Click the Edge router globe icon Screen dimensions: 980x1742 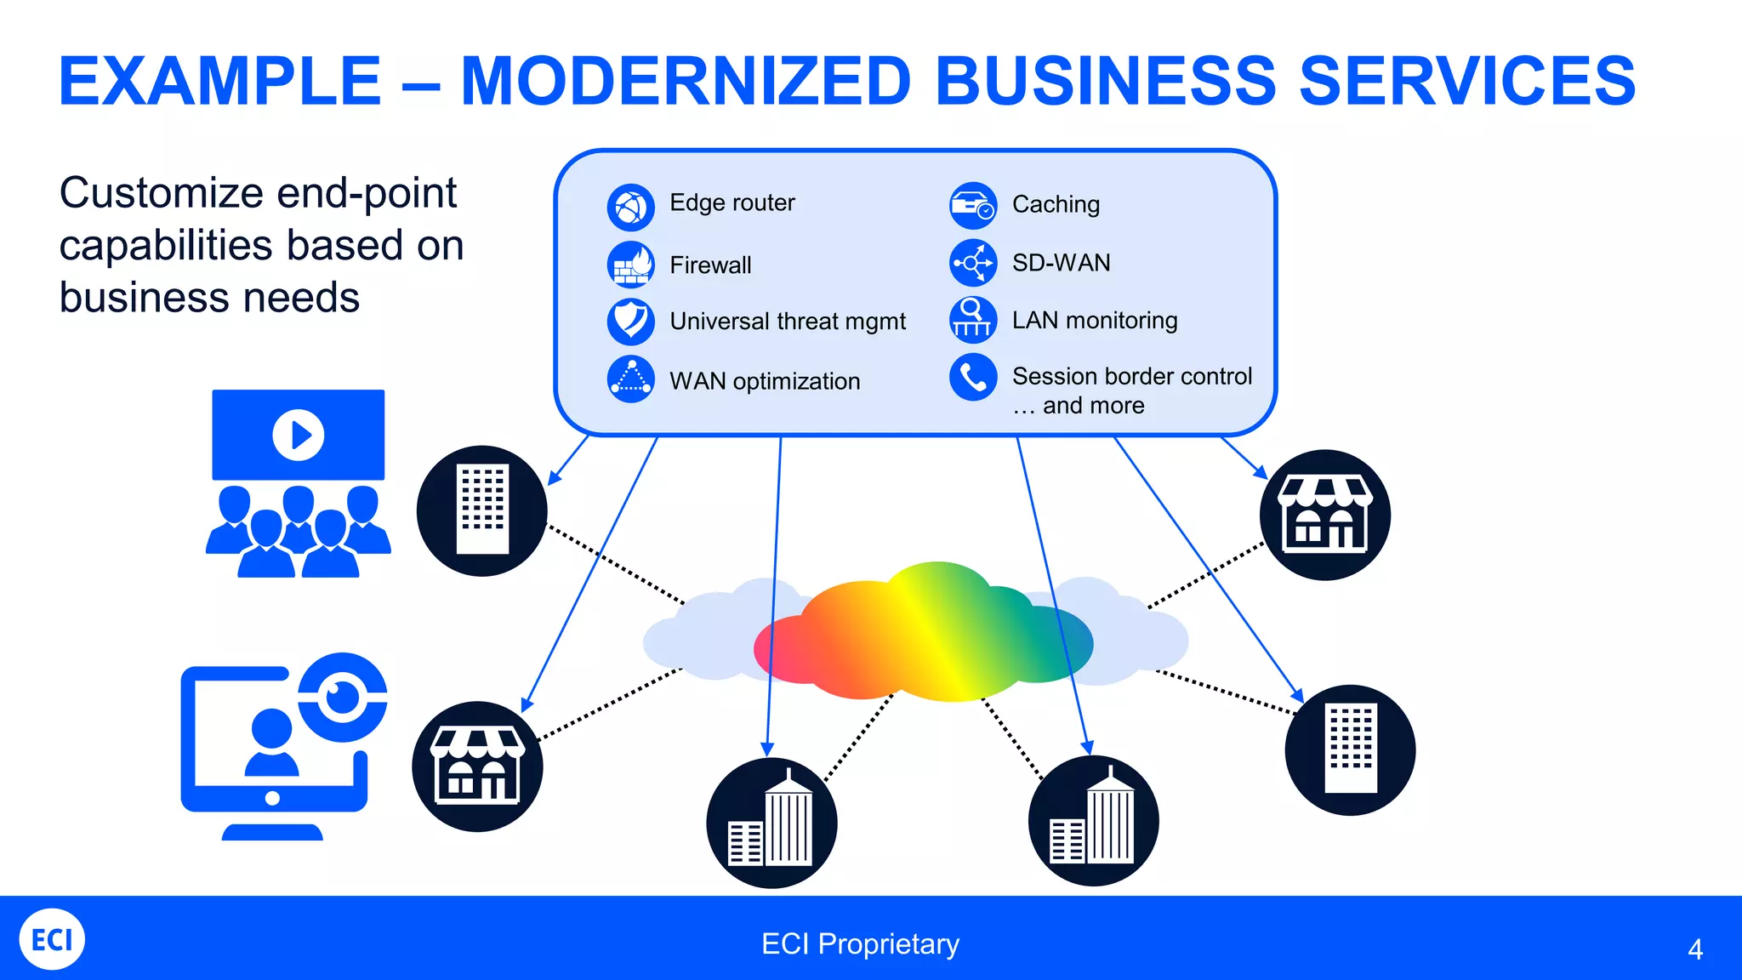(630, 208)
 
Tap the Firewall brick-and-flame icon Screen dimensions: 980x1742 (630, 265)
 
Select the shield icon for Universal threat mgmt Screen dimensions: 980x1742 (630, 321)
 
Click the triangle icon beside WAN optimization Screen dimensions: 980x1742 (630, 379)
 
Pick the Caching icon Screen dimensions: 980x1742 (973, 206)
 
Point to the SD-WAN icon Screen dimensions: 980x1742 (973, 263)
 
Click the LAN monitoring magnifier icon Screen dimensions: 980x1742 (973, 320)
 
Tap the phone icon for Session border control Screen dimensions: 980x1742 (973, 377)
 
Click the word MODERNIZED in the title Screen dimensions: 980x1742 (686, 82)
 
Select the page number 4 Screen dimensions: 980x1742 (1694, 949)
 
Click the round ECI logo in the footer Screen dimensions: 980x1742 (52, 939)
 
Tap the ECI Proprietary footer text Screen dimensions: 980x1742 (860, 944)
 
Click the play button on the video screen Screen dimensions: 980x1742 (298, 436)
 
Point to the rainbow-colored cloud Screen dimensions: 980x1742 (923, 634)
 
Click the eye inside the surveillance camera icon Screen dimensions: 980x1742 (343, 697)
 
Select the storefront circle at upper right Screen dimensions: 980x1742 (1324, 516)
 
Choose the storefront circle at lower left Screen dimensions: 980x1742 (477, 766)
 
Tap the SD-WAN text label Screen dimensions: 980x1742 (1061, 263)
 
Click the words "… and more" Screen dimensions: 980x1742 (1079, 406)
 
